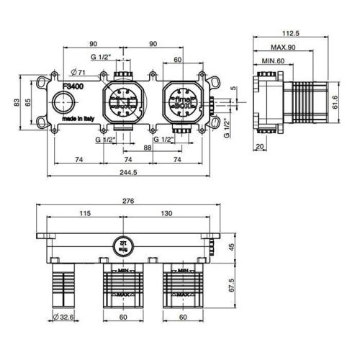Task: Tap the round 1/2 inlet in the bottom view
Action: (122, 245)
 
